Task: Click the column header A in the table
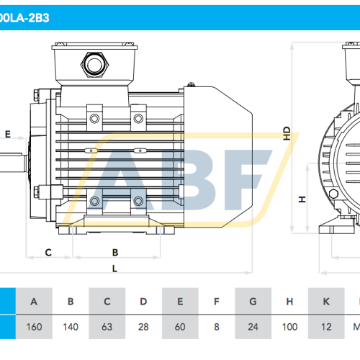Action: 33,301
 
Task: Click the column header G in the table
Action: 253,301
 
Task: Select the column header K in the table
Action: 325,301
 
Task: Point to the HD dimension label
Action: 287,134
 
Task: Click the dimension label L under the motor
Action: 115,269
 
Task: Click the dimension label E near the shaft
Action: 7,135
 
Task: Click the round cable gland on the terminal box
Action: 94,65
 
